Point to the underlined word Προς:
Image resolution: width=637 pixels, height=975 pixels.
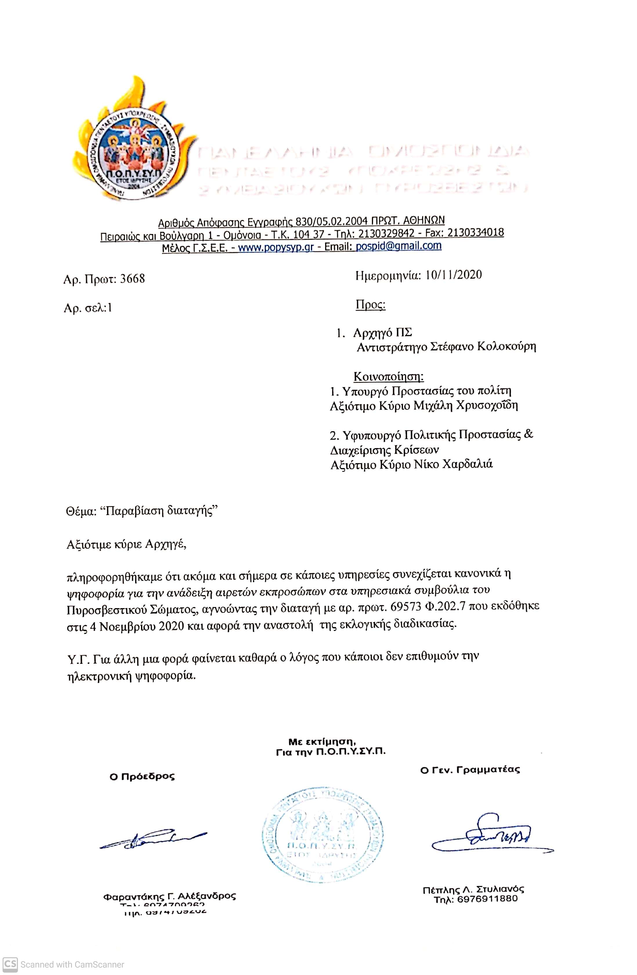point(370,305)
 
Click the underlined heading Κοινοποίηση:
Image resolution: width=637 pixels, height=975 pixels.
point(388,376)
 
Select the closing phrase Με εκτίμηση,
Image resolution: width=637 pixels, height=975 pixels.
point(322,742)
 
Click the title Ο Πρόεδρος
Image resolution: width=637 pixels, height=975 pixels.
point(142,776)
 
